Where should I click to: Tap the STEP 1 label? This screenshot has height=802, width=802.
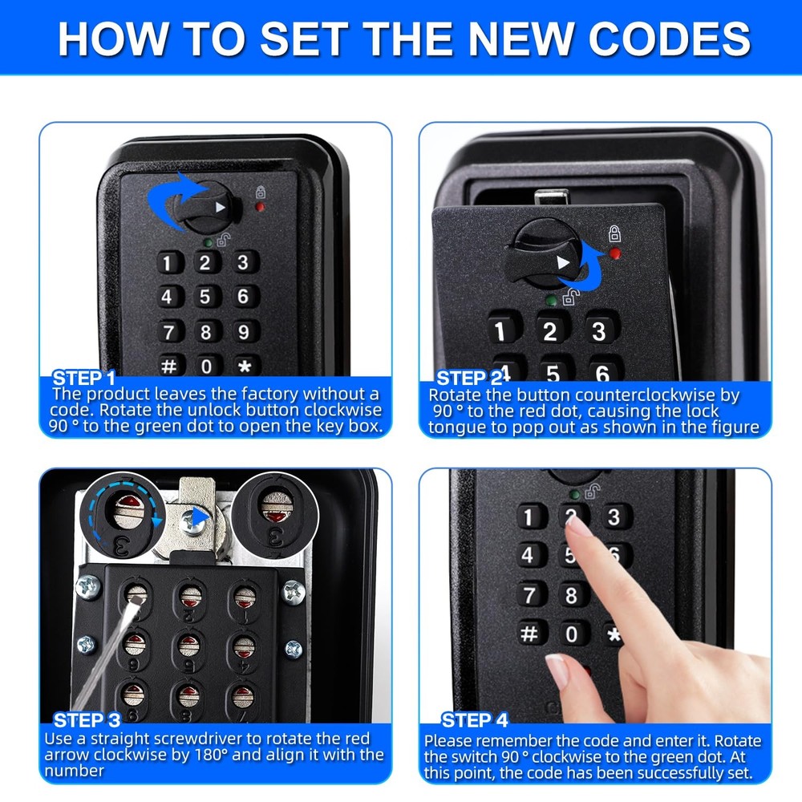84,378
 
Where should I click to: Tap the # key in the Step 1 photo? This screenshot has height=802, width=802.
168,366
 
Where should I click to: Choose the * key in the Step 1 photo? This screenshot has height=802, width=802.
244,367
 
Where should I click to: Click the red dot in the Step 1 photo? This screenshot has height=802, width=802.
260,207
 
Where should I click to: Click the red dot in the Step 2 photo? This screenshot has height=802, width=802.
614,254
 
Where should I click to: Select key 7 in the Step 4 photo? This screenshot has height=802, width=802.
529,595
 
